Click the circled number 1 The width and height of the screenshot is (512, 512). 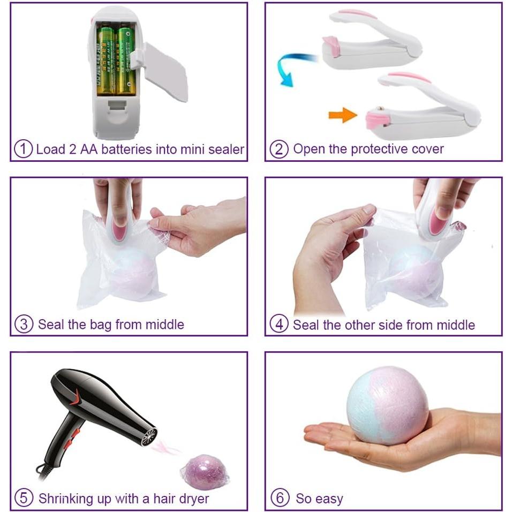[23, 149]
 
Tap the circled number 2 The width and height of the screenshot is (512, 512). [278, 149]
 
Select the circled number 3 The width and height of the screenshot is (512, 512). [24, 324]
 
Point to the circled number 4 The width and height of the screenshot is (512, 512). [278, 325]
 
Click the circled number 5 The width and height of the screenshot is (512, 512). [24, 498]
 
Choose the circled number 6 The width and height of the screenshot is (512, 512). [280, 498]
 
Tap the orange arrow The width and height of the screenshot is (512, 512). [342, 114]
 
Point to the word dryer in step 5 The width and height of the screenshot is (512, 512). [191, 499]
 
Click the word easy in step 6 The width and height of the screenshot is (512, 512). [328, 499]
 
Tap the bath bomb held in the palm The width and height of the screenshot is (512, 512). [387, 405]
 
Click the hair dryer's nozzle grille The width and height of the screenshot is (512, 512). [149, 435]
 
